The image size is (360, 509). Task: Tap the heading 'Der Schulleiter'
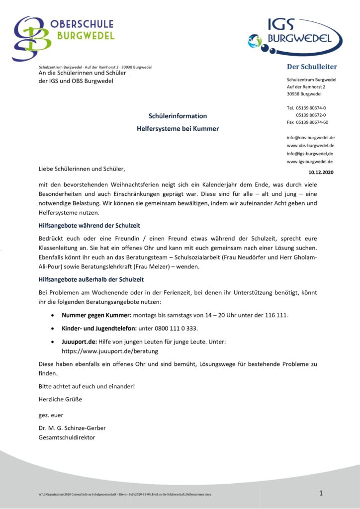312,67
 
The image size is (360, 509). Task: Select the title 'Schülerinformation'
178,116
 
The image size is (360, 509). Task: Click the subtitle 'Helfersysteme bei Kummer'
178,129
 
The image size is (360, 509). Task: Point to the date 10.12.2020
321,172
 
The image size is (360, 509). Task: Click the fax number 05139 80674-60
312,122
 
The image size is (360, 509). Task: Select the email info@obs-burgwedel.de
310,137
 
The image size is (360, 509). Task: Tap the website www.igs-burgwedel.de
310,162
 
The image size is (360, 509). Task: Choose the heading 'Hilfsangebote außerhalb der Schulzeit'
91,279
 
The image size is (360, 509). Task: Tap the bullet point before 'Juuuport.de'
53,342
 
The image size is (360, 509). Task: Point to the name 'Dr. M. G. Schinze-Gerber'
72,428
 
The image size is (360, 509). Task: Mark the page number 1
321,493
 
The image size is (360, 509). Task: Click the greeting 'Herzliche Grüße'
60,399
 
